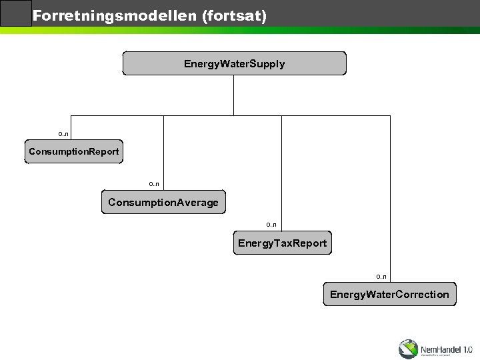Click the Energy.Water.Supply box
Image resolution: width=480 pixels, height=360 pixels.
[234, 63]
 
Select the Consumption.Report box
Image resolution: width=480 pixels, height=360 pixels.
[73, 152]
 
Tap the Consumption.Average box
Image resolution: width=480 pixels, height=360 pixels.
[163, 201]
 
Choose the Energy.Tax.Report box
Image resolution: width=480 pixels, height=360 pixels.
[282, 243]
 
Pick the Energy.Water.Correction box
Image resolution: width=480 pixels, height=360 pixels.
[389, 294]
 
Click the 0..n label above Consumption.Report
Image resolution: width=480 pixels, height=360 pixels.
[63, 134]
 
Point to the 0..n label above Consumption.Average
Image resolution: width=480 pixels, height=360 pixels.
[154, 183]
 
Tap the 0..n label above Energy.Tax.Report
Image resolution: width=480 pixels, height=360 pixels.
[271, 225]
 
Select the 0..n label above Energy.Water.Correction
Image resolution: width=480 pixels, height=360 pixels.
[381, 275]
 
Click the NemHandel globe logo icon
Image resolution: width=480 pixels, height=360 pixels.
[408, 349]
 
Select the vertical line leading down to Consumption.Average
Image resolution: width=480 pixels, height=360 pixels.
[163, 153]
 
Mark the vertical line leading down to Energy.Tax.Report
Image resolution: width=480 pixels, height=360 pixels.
[282, 173]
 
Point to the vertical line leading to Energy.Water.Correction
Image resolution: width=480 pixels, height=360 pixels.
[389, 200]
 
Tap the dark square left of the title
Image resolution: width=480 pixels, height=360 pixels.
[16, 13]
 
